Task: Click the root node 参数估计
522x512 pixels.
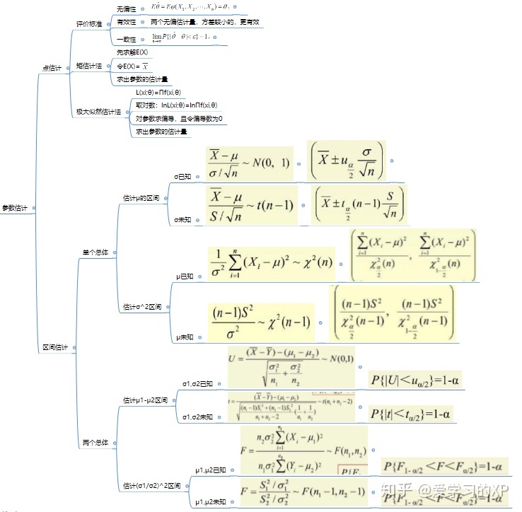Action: (14, 208)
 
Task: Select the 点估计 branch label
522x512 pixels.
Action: (52, 68)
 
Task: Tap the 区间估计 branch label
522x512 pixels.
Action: (55, 347)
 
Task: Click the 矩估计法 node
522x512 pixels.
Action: (89, 66)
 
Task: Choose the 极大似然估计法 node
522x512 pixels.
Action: (98, 112)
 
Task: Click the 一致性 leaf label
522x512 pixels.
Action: (127, 40)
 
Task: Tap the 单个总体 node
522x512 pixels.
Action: (95, 252)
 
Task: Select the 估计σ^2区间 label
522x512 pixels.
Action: (142, 307)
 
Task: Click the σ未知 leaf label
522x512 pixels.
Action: (183, 220)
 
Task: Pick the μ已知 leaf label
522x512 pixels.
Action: (185, 277)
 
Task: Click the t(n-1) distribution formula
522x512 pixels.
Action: (250, 204)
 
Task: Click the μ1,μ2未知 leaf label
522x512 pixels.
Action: (211, 502)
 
